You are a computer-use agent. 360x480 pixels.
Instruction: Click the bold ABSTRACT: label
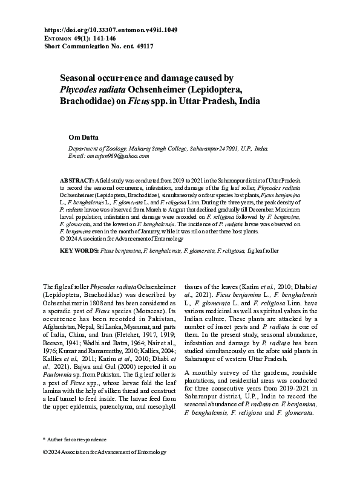[x=76, y=181]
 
